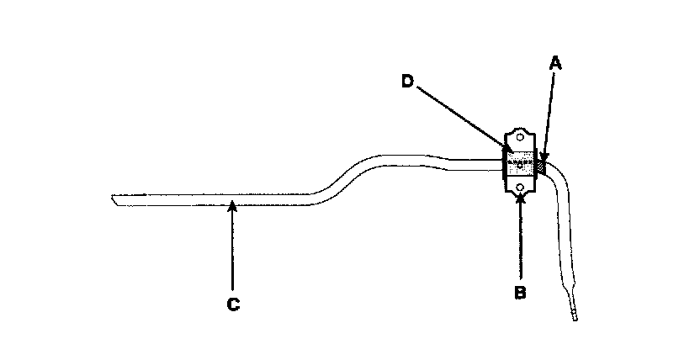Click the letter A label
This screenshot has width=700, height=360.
[x=554, y=61]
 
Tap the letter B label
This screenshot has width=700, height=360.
[x=520, y=294]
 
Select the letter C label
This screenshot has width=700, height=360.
[x=233, y=304]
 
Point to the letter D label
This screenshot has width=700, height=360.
[x=406, y=80]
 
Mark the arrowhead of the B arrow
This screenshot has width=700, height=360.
[x=522, y=196]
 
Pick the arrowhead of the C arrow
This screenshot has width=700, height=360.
[x=232, y=204]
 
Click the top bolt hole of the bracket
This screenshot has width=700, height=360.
[x=521, y=137]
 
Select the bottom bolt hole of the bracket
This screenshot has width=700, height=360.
[x=521, y=188]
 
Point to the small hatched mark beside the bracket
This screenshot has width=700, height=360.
[x=543, y=164]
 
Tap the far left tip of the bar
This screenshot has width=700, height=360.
[x=113, y=199]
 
